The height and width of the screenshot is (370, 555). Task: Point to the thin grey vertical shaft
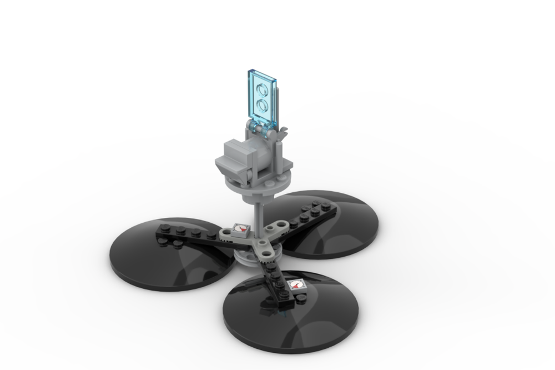259,214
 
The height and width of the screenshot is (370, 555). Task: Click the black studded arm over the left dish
189,236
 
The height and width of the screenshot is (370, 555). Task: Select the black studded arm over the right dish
314,214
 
